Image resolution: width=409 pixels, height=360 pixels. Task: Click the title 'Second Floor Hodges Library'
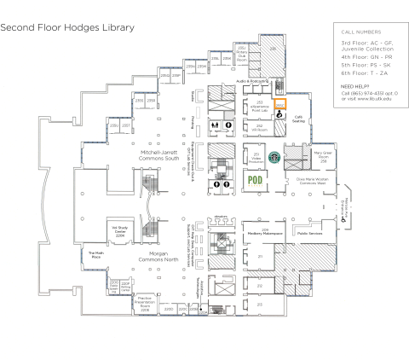(x=67, y=27)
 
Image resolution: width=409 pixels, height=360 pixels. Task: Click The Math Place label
(x=95, y=254)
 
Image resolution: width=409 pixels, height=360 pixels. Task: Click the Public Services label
(x=308, y=231)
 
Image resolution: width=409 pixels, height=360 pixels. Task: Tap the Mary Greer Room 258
(x=323, y=157)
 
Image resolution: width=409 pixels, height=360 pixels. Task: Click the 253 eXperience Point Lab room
(x=259, y=105)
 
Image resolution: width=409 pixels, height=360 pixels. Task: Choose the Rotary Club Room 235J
(x=241, y=55)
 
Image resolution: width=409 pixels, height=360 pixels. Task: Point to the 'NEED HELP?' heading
(x=354, y=87)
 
